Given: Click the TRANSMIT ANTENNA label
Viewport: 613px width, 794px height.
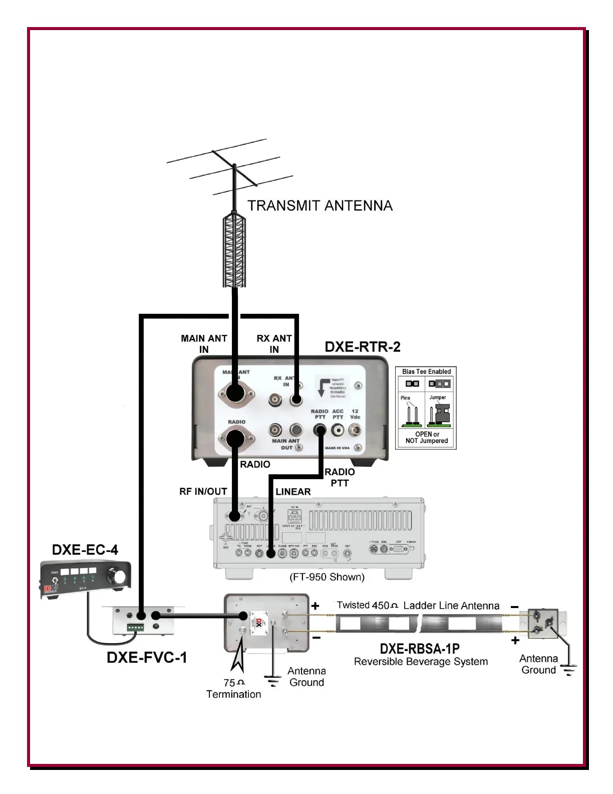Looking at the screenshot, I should (x=320, y=206).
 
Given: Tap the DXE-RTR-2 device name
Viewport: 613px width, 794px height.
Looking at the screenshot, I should (x=363, y=347).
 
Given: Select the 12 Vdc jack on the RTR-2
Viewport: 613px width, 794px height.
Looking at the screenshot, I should (x=356, y=429).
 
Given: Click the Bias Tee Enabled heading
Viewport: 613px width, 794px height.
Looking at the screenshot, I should (x=426, y=371).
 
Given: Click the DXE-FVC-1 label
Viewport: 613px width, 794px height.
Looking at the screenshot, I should (x=147, y=657).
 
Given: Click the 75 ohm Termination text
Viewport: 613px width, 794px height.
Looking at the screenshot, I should (x=234, y=688).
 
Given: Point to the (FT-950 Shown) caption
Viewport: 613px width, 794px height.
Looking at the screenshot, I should (x=327, y=577).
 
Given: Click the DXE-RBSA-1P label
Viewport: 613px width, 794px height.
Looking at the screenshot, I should (x=420, y=649).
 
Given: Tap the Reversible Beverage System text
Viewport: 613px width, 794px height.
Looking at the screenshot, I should (x=421, y=662).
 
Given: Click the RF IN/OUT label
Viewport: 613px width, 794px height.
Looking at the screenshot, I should (x=203, y=492).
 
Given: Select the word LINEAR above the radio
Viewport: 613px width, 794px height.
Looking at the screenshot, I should (x=293, y=492).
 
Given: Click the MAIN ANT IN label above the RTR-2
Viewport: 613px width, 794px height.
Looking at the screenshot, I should (x=204, y=343).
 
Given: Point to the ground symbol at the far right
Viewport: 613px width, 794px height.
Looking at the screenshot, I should (x=569, y=669).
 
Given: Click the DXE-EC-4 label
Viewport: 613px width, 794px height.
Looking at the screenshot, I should (x=85, y=550).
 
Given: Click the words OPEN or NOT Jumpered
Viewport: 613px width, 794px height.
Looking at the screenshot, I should (x=427, y=438).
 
